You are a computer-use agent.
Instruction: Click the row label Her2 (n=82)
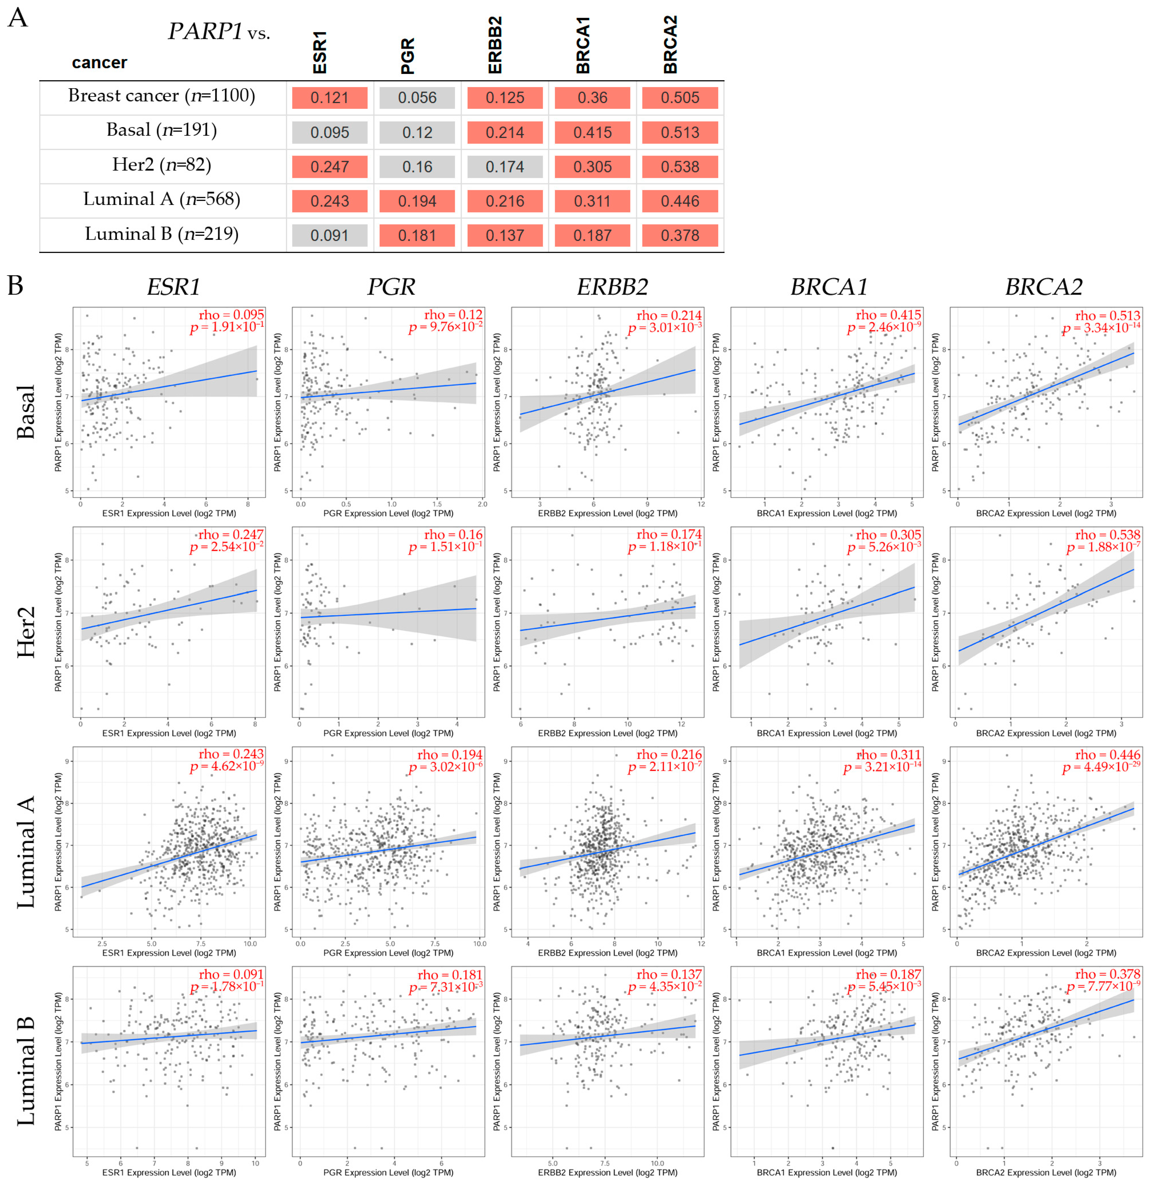[162, 165]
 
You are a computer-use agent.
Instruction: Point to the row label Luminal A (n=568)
[162, 199]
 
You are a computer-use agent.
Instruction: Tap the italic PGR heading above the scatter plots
[391, 286]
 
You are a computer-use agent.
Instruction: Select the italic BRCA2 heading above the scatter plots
[1043, 286]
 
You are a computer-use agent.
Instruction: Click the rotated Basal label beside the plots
[25, 412]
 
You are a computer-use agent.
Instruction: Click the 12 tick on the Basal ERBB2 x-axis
[700, 504]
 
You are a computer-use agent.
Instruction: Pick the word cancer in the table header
[99, 62]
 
